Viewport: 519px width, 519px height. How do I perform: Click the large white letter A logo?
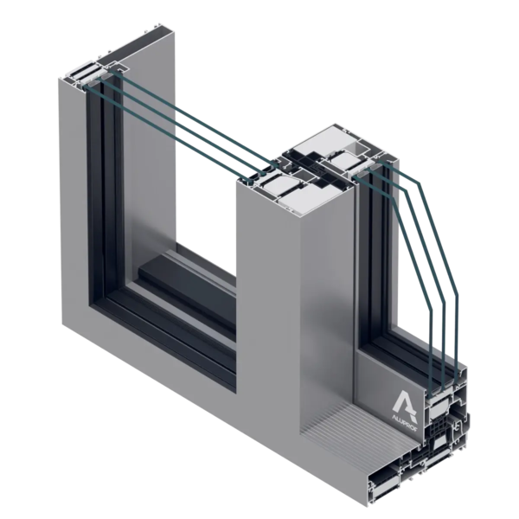(405, 402)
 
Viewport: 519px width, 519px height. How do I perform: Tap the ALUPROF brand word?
(405, 424)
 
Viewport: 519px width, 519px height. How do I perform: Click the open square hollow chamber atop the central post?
(356, 148)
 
